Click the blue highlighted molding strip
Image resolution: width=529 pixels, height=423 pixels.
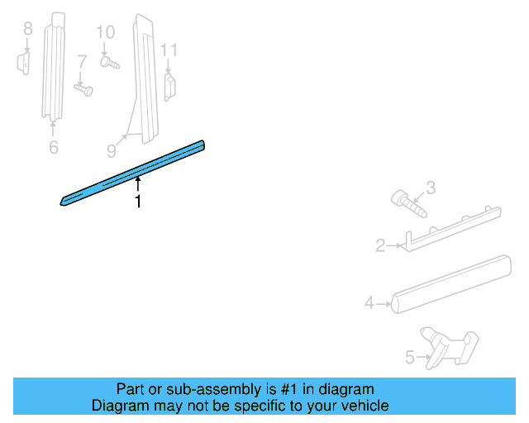tap(132, 173)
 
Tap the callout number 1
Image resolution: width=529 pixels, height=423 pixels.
tap(138, 201)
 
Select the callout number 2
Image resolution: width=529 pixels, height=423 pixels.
tap(380, 245)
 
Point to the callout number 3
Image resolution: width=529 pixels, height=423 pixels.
tap(430, 189)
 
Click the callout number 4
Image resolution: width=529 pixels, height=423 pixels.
tap(369, 303)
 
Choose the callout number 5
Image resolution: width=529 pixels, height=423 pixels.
tap(409, 358)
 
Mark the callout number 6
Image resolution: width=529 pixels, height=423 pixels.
tap(54, 148)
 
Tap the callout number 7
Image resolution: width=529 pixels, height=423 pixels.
tap(82, 61)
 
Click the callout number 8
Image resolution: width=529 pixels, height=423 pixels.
tap(27, 30)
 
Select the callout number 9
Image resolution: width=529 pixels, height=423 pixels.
tap(112, 150)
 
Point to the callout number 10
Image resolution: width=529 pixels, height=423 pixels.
tap(105, 33)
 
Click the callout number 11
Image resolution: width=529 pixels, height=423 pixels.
tap(169, 50)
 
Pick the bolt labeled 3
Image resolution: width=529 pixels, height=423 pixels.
tap(407, 202)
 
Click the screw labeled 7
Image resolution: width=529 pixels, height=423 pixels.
tap(83, 87)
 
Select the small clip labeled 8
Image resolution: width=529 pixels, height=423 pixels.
tap(24, 63)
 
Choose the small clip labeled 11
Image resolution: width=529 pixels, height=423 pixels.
tap(170, 86)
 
